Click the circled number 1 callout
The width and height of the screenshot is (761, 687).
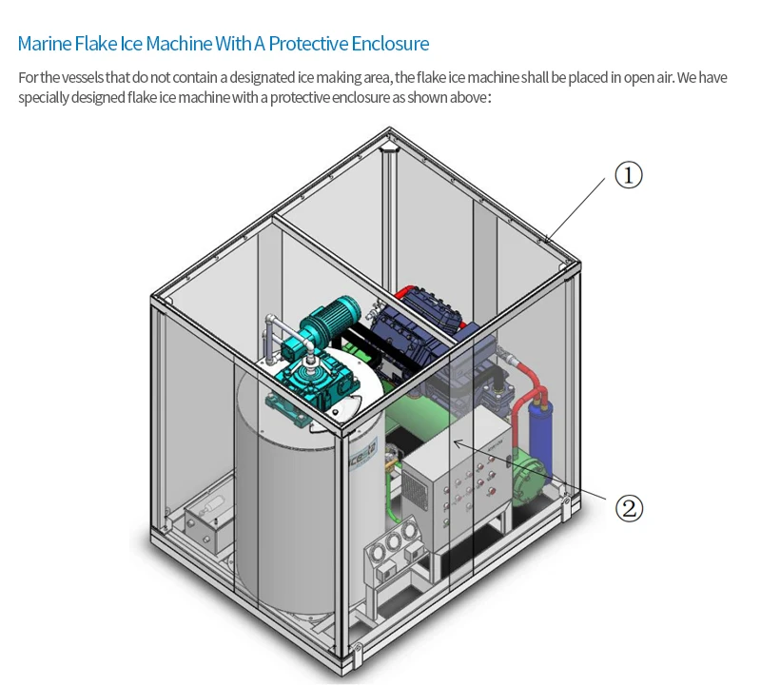[x=628, y=175]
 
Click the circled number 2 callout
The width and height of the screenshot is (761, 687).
[x=628, y=507]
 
